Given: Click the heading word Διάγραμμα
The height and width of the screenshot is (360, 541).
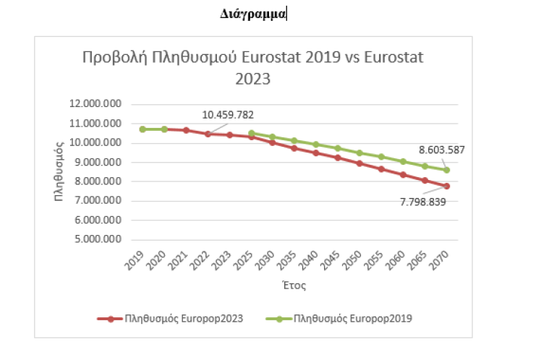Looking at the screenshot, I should coord(252,13).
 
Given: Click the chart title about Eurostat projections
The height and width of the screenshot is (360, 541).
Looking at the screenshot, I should coord(252,67).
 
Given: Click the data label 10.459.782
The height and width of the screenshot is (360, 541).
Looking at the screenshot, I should coord(228,114).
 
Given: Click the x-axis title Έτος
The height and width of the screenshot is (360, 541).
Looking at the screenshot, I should coord(294,286).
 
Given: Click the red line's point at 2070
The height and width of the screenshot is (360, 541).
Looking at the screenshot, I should coord(447,186).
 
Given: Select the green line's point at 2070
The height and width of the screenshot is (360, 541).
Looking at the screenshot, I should coord(447,171).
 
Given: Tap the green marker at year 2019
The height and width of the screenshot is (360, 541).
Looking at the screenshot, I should coord(143,129).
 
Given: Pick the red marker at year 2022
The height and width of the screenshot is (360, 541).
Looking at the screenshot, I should coord(208,134).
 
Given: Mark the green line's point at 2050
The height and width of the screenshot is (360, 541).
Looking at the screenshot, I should coord(360,153).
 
